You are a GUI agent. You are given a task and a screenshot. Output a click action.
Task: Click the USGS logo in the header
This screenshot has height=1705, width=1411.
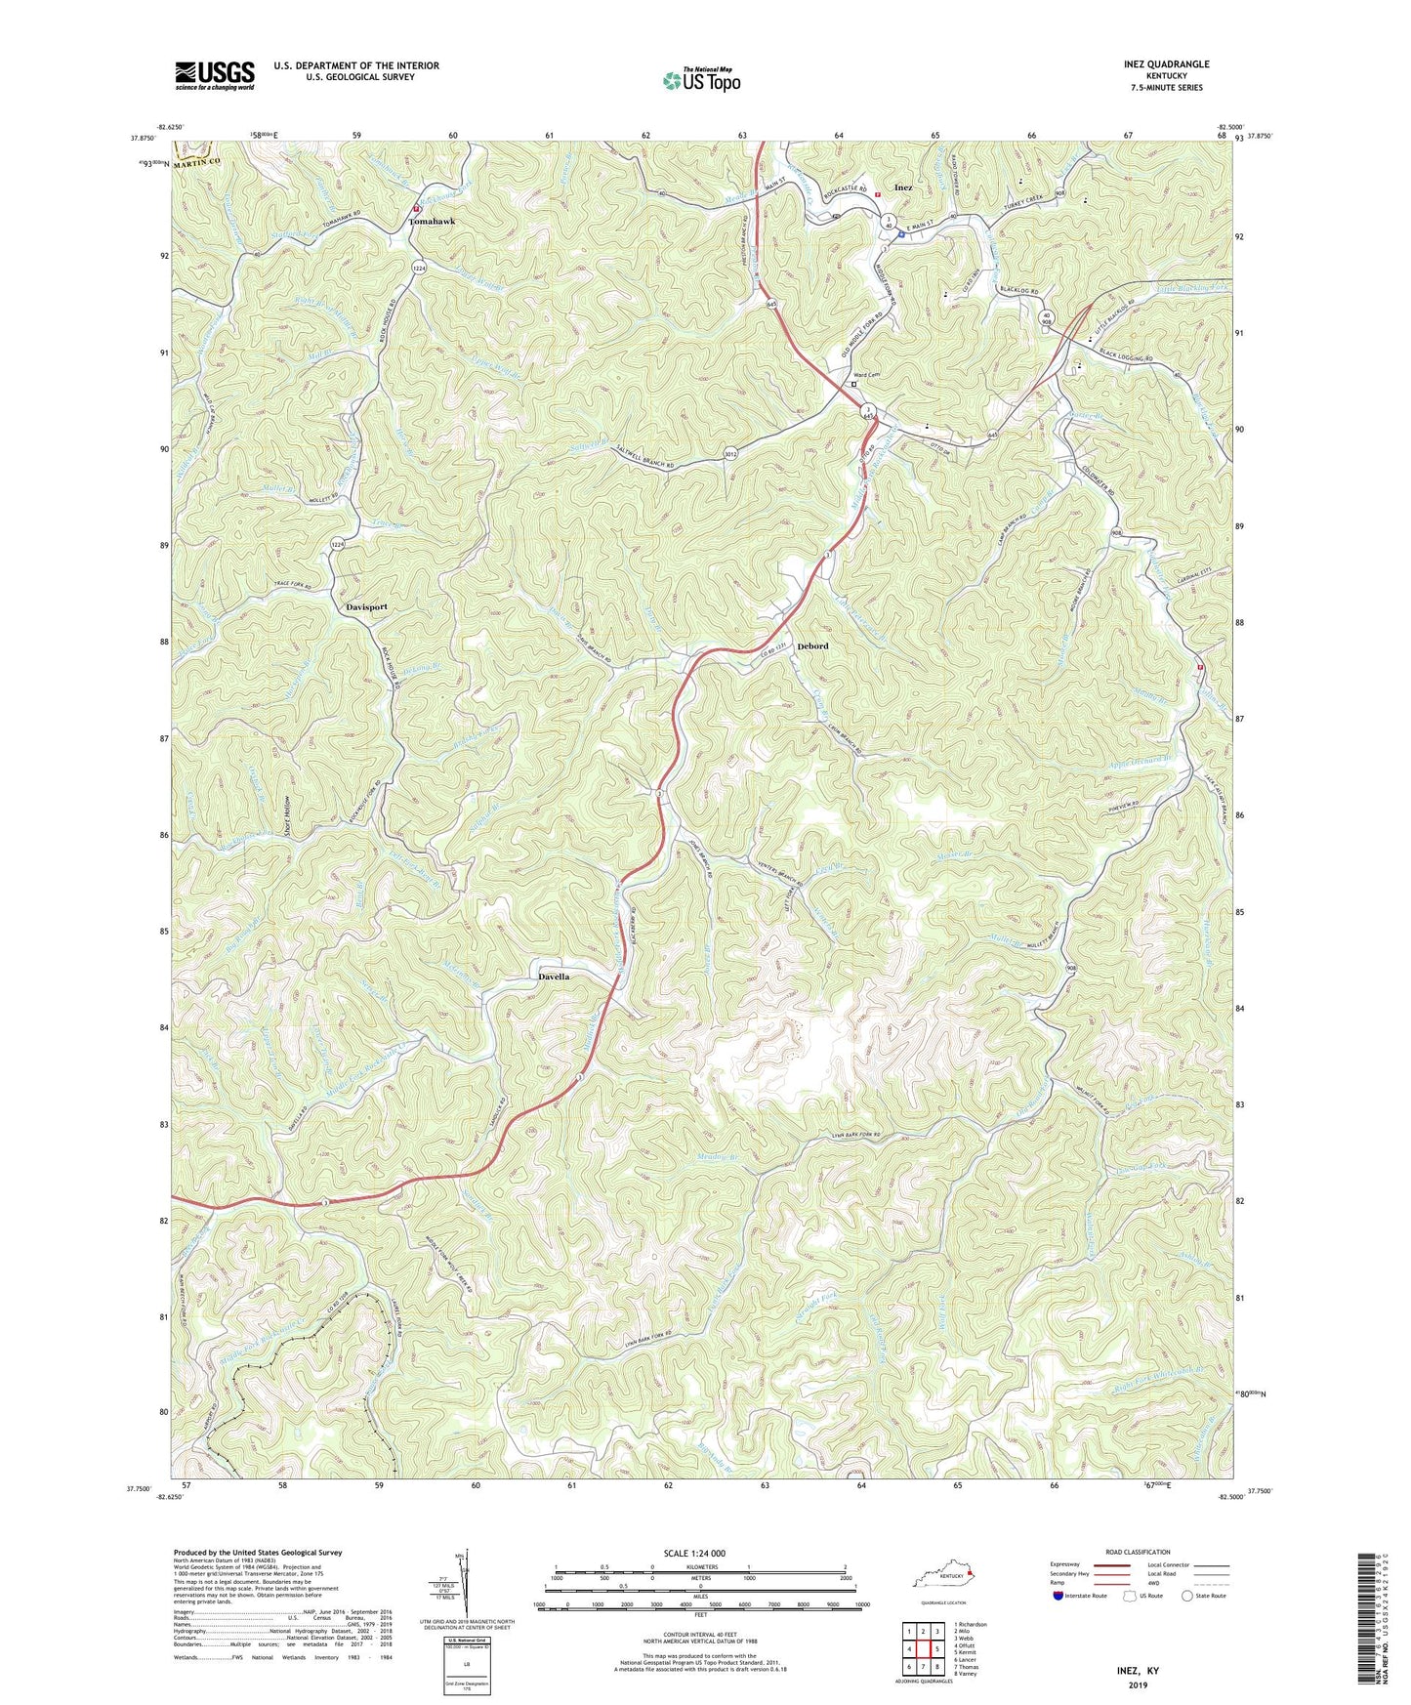[x=215, y=75]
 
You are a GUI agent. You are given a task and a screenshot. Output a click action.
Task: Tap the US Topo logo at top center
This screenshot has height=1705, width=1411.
[x=700, y=80]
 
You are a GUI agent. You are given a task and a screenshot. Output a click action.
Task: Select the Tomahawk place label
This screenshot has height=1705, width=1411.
[x=431, y=222]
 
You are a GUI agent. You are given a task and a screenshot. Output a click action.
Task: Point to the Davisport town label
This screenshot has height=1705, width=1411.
[x=367, y=606]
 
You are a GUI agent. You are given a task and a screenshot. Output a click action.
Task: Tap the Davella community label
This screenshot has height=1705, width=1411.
[x=554, y=977]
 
